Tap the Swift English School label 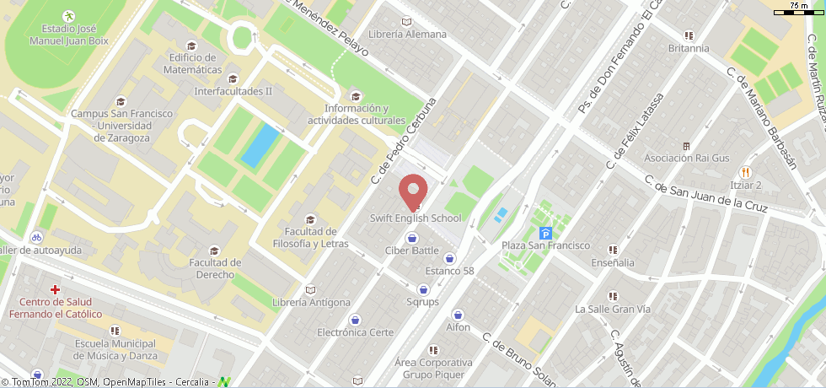[x=416, y=218]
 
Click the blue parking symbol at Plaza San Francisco [x=545, y=234]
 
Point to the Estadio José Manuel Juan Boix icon [x=68, y=16]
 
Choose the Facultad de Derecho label [x=215, y=268]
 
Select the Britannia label [x=689, y=48]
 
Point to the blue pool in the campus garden [x=260, y=145]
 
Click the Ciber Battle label [x=411, y=251]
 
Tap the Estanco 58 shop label [x=449, y=271]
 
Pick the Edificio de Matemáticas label [x=195, y=63]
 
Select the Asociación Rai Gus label [x=685, y=158]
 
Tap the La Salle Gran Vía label [x=612, y=309]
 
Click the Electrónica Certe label [x=355, y=332]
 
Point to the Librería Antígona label [x=311, y=302]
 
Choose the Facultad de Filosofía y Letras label [x=311, y=238]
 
